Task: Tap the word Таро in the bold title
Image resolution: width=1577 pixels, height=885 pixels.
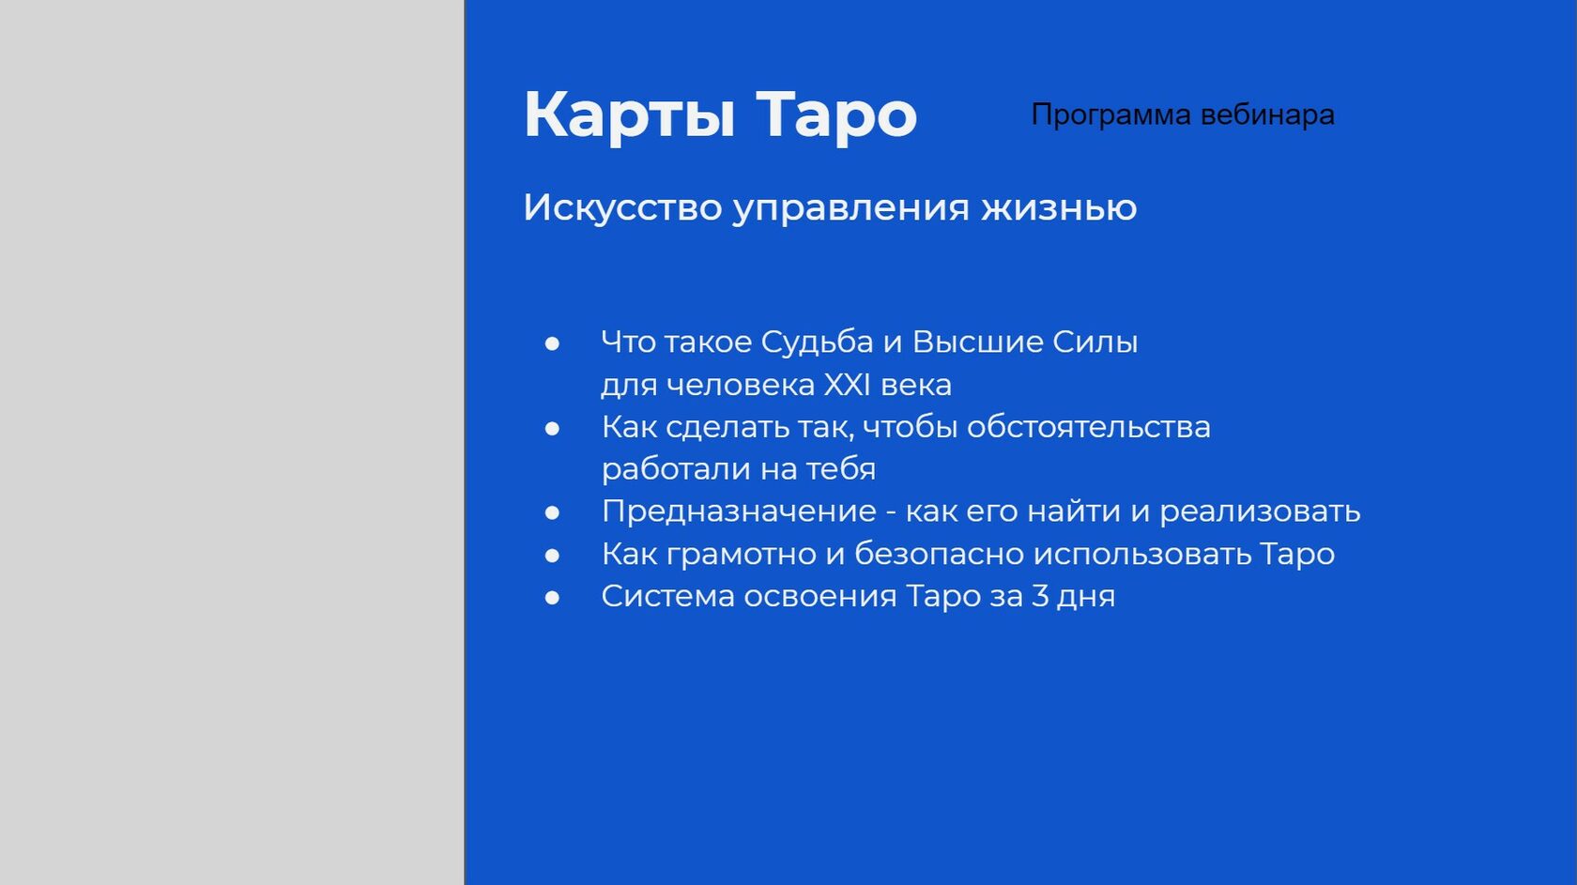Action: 836,114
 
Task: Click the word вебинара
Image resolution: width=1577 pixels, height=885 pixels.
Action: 1267,114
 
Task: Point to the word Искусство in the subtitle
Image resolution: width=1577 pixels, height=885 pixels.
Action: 622,207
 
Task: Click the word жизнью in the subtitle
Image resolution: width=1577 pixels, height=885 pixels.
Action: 1060,208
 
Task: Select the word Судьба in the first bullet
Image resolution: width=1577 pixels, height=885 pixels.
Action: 817,343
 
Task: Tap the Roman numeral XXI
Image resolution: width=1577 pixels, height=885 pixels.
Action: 847,385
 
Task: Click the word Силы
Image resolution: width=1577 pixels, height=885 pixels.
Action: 1095,343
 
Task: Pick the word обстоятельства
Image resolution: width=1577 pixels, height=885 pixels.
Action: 1089,427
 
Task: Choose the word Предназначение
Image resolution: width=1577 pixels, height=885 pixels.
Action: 739,511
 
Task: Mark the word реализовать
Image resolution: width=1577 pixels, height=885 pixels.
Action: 1260,511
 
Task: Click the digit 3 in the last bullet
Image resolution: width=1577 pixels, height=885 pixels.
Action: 1040,596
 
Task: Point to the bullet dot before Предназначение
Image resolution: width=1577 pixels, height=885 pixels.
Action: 552,512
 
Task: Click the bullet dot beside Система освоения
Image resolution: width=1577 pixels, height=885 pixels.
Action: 552,598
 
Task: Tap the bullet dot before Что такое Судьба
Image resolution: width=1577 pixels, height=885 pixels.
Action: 552,343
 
